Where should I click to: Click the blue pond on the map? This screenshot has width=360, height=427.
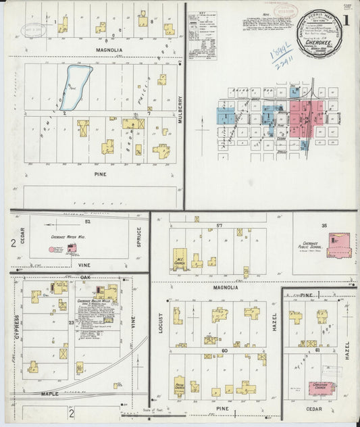(74, 86)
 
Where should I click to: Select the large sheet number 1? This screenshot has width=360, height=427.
(346, 20)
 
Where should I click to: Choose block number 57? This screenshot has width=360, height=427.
(218, 224)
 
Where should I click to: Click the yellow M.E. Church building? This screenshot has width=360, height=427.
(180, 260)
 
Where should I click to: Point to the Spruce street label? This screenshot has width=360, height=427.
(139, 236)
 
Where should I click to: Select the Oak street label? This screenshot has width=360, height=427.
(85, 277)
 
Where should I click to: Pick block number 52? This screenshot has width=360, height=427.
(88, 221)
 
